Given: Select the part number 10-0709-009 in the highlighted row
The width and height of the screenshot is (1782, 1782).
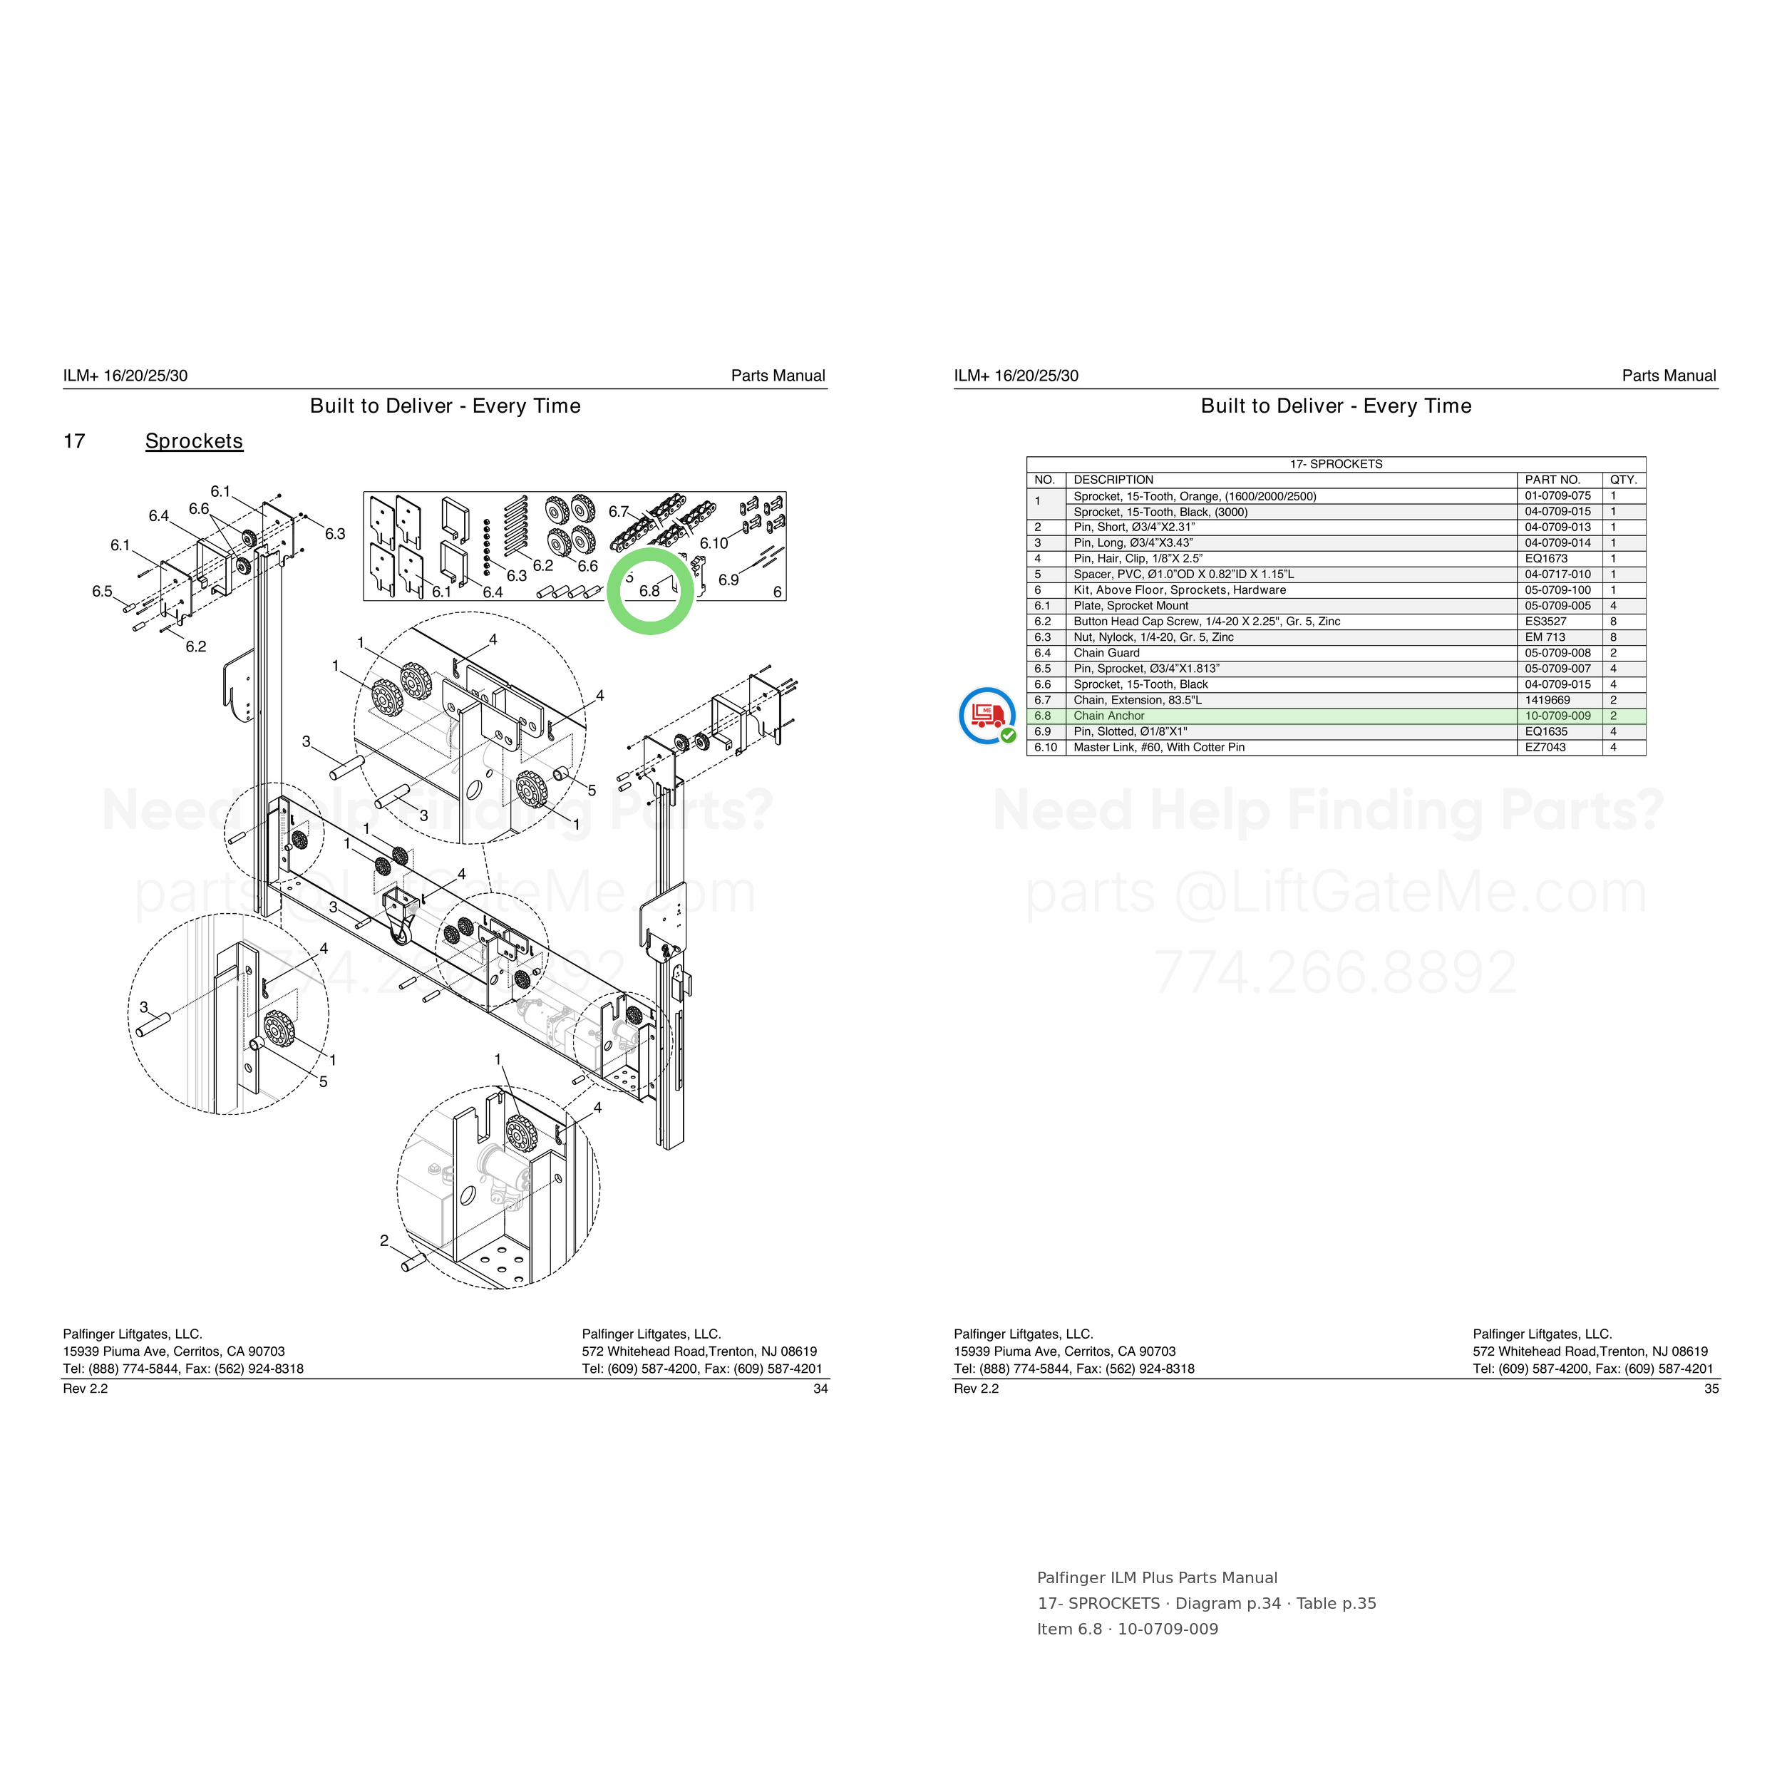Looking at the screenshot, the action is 1558,716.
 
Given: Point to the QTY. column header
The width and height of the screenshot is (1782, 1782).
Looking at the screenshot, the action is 1623,480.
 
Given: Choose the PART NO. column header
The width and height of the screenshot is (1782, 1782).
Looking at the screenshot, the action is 1552,480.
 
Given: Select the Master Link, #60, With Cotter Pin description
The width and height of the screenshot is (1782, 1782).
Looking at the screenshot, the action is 1158,747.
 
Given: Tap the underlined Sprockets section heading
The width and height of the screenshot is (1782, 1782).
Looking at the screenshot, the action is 194,441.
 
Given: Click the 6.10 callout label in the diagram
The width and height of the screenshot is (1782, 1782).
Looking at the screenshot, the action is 714,543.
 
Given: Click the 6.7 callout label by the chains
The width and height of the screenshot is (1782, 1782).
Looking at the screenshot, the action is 618,511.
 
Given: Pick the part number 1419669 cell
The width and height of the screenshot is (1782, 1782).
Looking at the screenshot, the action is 1547,700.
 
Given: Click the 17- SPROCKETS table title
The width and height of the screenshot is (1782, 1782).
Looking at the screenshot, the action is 1336,464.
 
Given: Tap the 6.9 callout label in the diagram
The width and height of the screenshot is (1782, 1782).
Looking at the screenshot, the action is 728,580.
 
